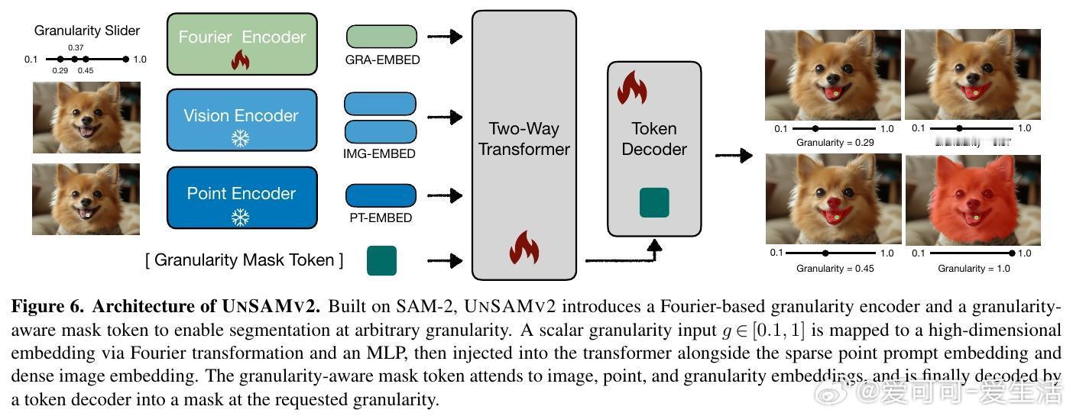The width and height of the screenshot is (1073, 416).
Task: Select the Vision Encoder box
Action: (242, 120)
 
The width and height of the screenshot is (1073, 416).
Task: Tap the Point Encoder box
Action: (242, 197)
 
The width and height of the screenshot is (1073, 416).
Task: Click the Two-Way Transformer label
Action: (524, 139)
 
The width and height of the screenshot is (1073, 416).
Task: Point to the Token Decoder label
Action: (654, 139)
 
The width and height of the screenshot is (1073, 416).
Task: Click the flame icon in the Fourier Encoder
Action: (241, 60)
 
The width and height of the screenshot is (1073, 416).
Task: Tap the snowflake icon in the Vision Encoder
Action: (241, 138)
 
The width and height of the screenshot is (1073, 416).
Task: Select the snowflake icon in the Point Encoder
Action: (241, 217)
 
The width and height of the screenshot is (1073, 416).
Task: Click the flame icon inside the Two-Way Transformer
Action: (524, 249)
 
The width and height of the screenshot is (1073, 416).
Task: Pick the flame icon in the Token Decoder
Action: (632, 88)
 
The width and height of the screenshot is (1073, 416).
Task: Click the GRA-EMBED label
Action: (382, 60)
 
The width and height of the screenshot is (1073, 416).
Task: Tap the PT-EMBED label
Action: (382, 218)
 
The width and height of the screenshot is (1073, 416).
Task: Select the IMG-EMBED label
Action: (380, 153)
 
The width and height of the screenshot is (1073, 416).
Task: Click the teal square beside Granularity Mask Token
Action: (382, 260)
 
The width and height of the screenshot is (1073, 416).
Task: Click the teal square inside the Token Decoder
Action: (654, 203)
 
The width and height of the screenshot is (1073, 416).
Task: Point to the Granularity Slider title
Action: (87, 31)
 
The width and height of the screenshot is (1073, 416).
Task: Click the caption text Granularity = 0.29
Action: (835, 143)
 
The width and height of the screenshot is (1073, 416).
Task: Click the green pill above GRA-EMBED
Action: (382, 37)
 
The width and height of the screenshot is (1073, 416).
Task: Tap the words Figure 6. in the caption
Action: (47, 307)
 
